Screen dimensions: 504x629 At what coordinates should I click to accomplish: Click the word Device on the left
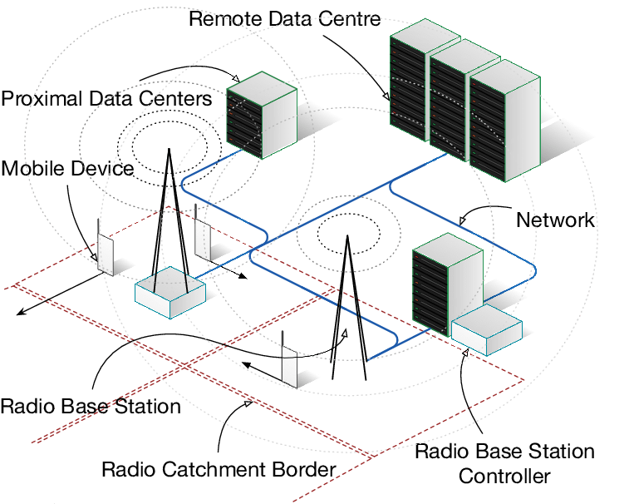[104, 169]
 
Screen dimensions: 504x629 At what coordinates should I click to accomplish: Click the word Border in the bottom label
[306, 469]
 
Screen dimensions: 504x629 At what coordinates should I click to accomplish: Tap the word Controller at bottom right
[502, 476]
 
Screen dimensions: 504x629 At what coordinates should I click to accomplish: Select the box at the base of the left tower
[170, 292]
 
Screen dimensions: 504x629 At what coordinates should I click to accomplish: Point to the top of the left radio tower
[170, 151]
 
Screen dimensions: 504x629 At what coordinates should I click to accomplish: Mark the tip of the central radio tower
[347, 236]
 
